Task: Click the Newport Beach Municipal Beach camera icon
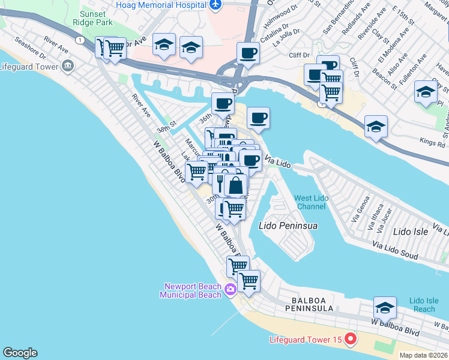click(230, 291)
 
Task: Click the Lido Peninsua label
click(288, 226)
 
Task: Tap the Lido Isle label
click(411, 231)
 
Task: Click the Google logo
click(20, 353)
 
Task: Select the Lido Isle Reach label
click(424, 304)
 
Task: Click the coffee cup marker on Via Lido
click(251, 160)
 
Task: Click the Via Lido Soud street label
click(395, 250)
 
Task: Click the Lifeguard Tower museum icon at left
click(68, 65)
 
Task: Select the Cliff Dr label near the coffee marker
click(298, 55)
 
